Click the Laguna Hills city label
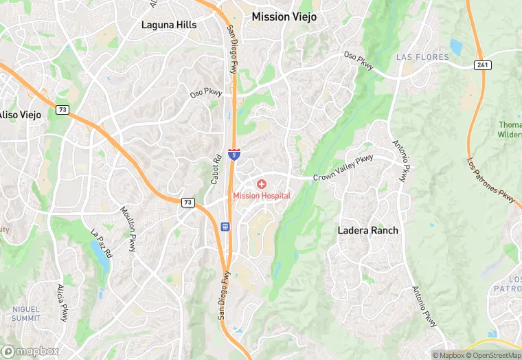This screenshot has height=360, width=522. (x=169, y=25)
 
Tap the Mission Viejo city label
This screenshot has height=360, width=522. (x=284, y=16)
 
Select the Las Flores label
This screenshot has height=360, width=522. (x=422, y=57)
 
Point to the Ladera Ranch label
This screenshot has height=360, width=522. (x=367, y=230)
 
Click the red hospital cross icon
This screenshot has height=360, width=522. (x=262, y=184)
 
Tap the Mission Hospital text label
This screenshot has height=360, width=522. (x=262, y=196)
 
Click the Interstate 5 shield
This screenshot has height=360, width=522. (x=235, y=155)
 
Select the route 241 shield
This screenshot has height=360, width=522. (x=481, y=64)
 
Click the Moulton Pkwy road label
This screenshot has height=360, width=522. (x=129, y=228)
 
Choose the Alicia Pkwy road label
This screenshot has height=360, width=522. (x=63, y=303)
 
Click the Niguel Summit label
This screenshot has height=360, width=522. (x=25, y=314)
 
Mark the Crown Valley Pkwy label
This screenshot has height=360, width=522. (x=343, y=168)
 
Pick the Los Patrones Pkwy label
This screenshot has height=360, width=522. (x=490, y=181)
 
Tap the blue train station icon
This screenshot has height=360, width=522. (x=225, y=226)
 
